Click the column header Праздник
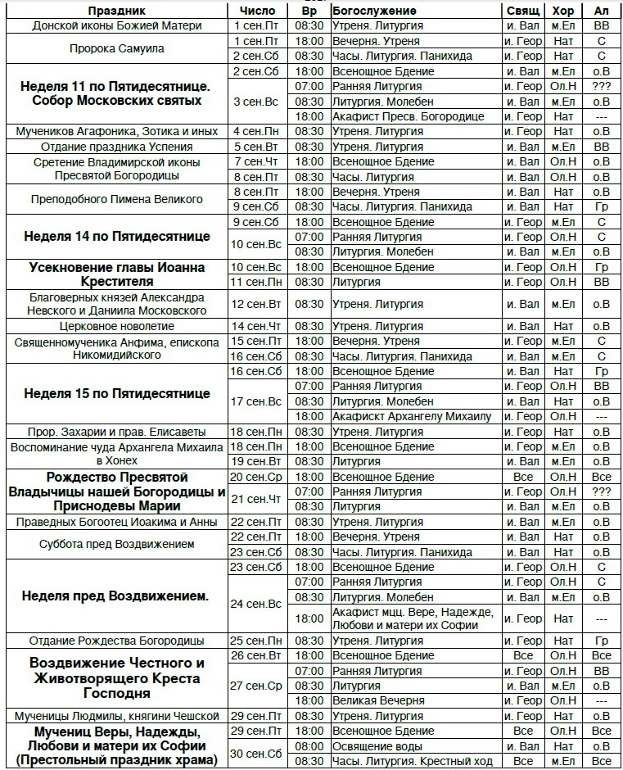116,11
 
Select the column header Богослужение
374,11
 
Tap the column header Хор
563,11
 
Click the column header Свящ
523,11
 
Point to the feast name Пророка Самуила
116,48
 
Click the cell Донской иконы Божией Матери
116,26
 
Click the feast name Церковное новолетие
116,327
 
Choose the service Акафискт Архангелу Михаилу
412,417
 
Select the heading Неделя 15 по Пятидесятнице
116,394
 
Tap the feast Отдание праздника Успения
116,147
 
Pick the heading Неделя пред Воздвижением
116,596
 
